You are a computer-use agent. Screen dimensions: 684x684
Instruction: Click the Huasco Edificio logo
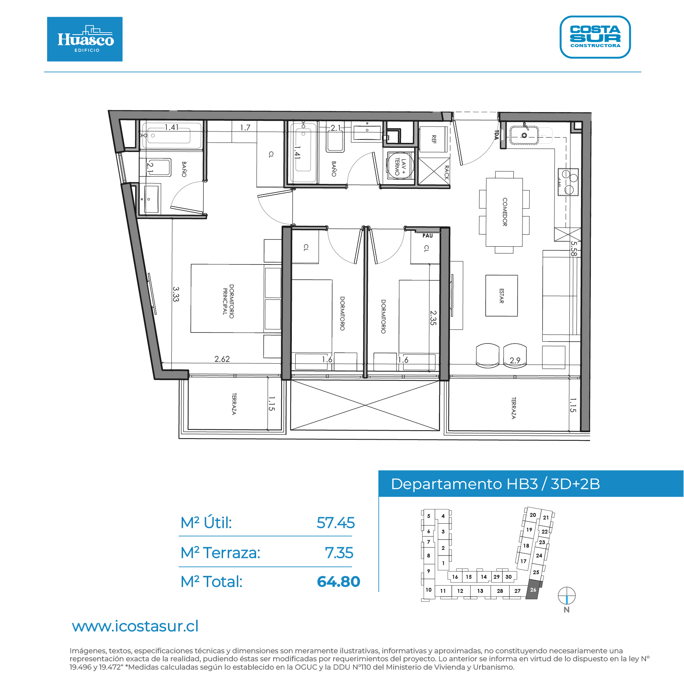tap(85, 39)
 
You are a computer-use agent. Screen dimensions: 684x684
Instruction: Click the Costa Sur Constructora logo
tap(595, 37)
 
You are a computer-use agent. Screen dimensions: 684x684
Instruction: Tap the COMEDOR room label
tap(505, 212)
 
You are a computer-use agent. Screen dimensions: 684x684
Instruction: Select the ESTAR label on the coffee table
tap(502, 296)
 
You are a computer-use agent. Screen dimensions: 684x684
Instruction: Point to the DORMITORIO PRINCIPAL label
tap(228, 301)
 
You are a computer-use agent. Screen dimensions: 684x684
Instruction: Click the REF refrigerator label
tap(434, 139)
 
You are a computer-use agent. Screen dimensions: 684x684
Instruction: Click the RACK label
tap(446, 173)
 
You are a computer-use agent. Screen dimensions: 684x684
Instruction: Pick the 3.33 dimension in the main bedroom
tap(176, 294)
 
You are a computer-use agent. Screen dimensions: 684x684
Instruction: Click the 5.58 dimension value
tap(573, 249)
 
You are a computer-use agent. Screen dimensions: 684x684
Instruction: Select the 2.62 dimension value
tap(222, 359)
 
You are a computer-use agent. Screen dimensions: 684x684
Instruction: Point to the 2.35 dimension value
tap(433, 318)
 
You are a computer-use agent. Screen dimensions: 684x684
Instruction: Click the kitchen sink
tap(524, 135)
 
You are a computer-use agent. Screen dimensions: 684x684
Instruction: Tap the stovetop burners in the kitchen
tap(568, 182)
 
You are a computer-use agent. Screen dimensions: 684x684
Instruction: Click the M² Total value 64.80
tap(339, 581)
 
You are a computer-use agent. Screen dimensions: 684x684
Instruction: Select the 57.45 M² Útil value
tap(336, 523)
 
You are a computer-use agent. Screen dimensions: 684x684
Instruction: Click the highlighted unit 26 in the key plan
tap(533, 590)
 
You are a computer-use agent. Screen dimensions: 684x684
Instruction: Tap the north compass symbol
tap(567, 595)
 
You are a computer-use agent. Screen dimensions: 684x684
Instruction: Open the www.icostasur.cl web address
tap(135, 626)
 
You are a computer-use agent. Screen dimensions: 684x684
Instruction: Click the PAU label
tap(427, 236)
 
